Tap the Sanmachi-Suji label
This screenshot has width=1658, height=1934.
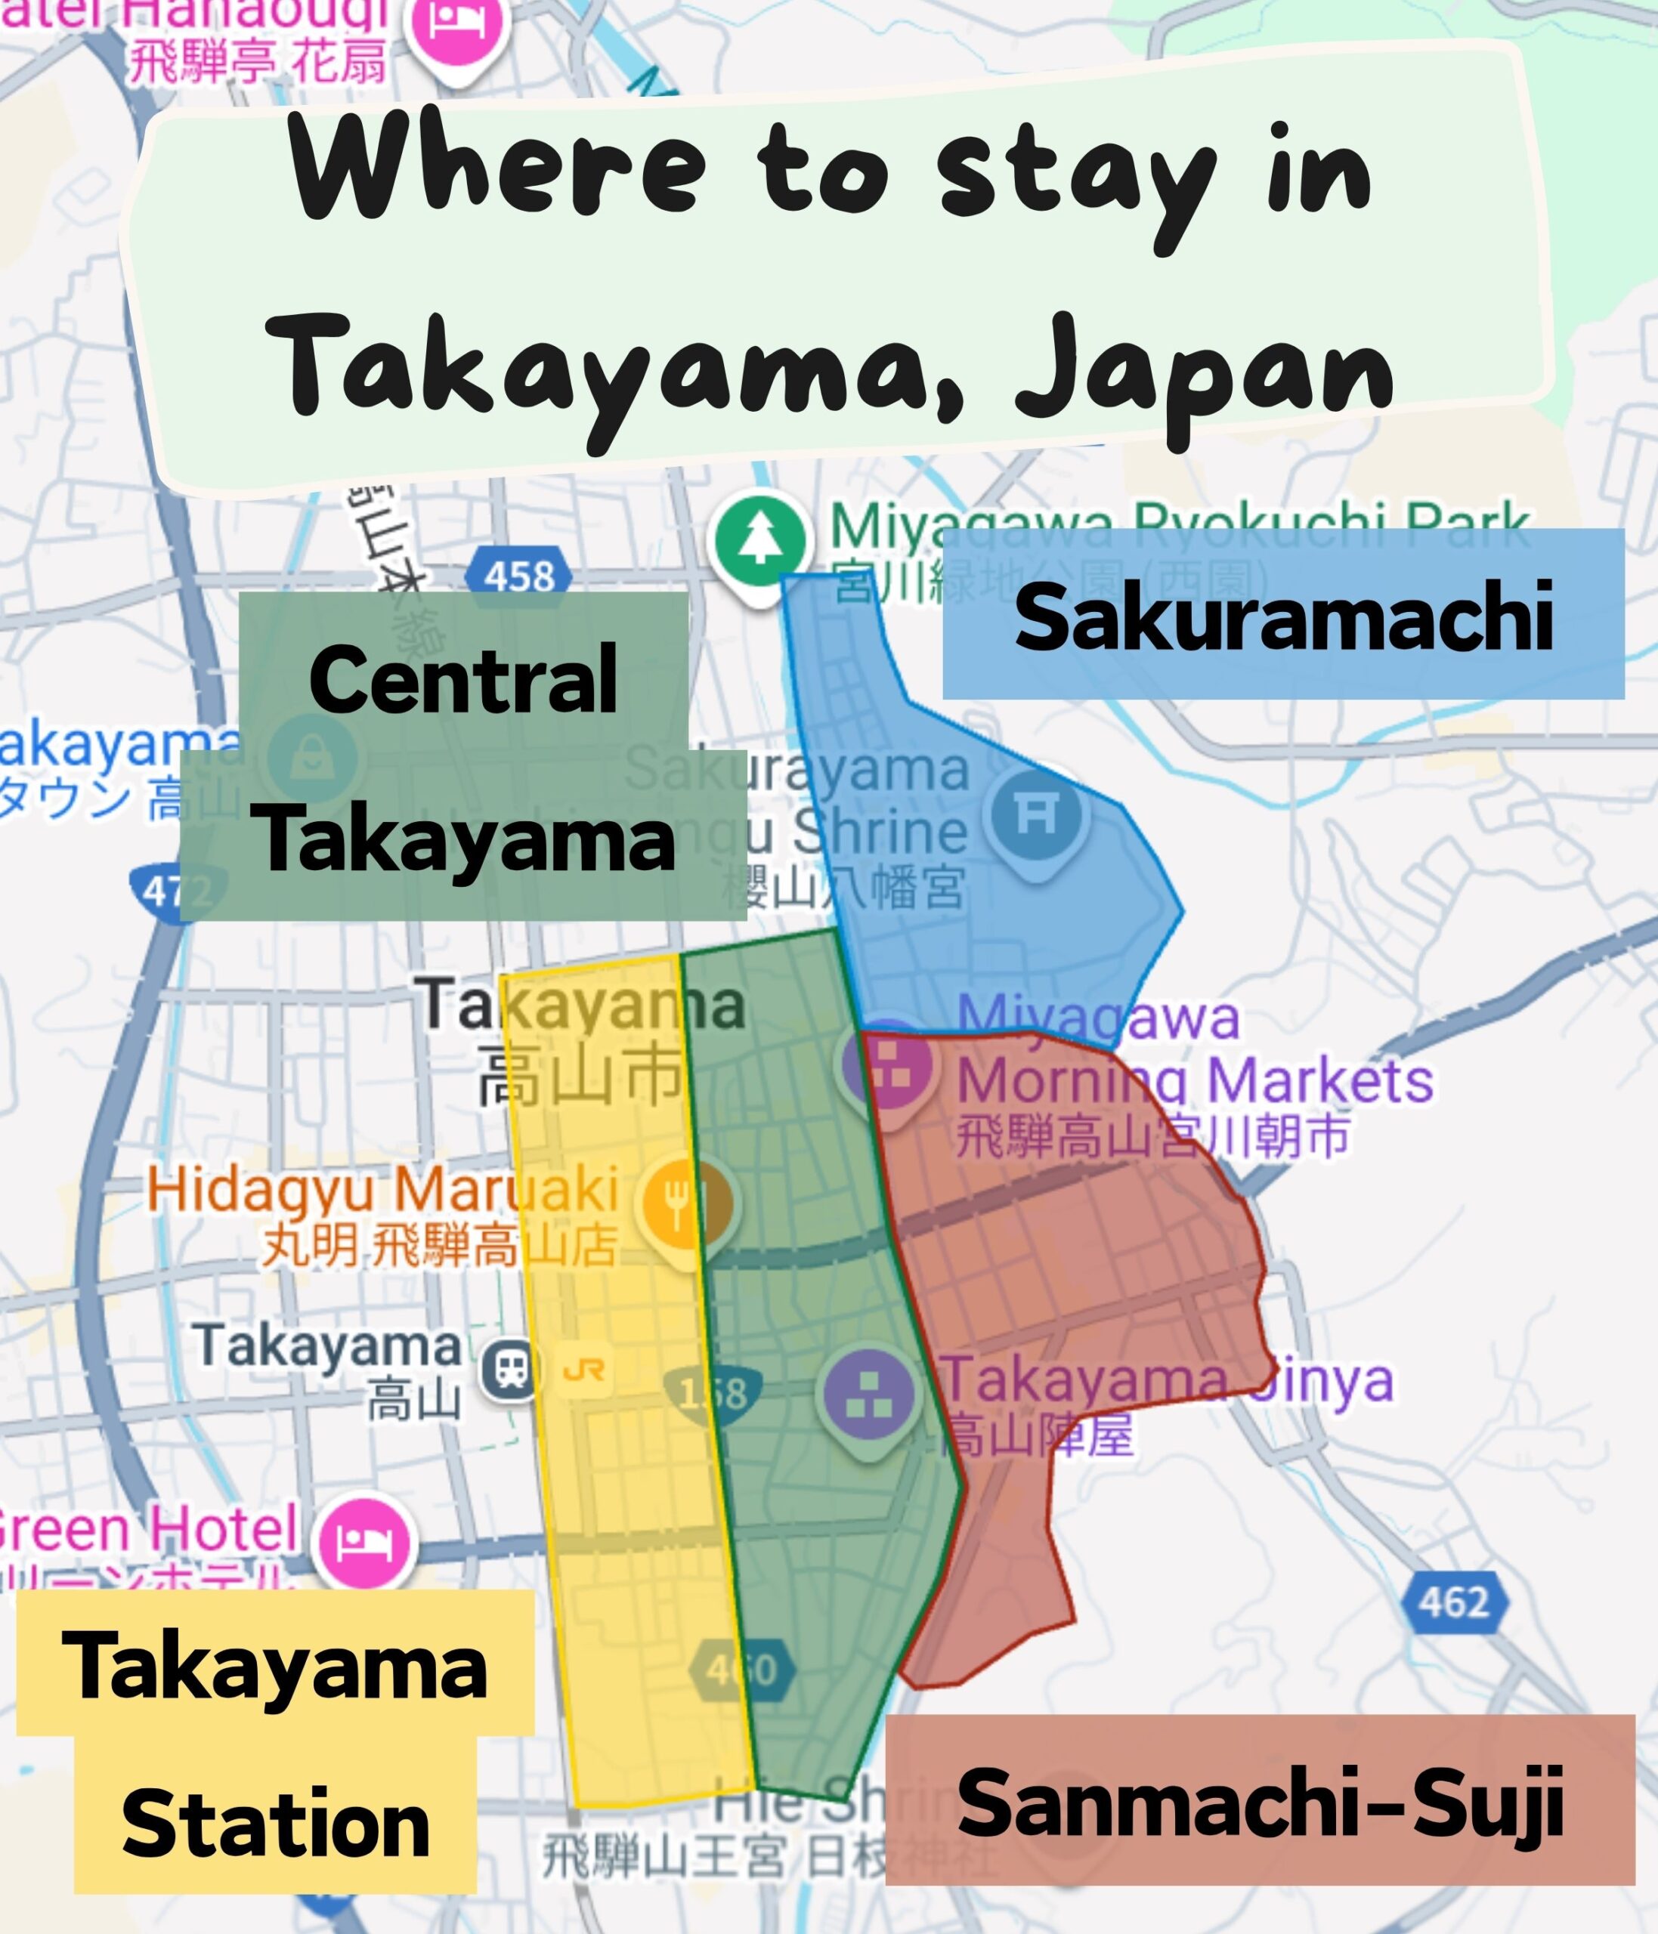point(1260,1803)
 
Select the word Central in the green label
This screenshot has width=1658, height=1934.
point(463,678)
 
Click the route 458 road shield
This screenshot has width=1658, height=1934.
point(519,575)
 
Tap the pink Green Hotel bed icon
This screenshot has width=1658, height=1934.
point(364,1541)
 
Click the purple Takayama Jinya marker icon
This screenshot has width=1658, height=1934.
point(869,1395)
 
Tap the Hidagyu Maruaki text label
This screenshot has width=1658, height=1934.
point(382,1191)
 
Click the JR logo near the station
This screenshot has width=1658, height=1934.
point(584,1370)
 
